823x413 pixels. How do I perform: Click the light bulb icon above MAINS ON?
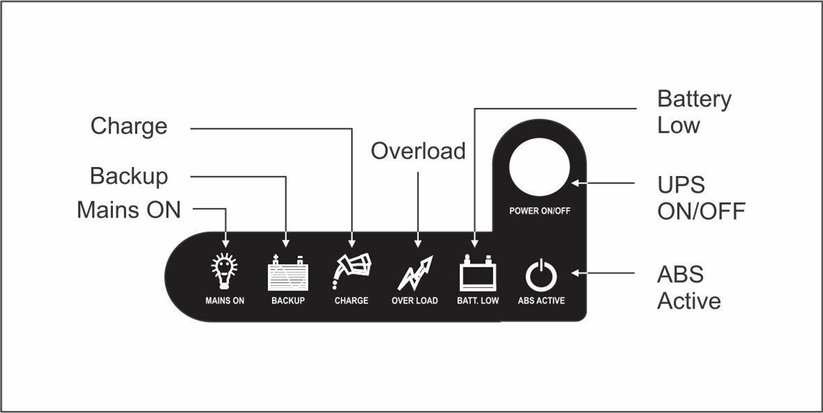click(224, 271)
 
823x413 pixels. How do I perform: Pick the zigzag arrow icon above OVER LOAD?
click(415, 273)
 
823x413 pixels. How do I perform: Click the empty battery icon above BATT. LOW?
click(478, 273)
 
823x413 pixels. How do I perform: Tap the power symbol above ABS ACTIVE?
click(541, 275)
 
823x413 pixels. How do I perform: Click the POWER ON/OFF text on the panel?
click(540, 211)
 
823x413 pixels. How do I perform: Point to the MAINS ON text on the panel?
click(225, 301)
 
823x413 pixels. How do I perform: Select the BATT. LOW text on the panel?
click(478, 301)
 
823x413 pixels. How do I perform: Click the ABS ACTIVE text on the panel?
click(542, 301)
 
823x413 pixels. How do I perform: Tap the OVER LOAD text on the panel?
click(415, 301)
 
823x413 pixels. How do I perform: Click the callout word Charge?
click(129, 127)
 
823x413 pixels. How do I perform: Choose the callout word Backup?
click(129, 177)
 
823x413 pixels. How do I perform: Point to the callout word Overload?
click(418, 151)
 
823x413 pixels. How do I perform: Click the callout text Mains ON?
click(129, 210)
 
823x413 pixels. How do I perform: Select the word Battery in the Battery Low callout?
click(695, 100)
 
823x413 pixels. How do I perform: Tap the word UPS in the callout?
click(681, 184)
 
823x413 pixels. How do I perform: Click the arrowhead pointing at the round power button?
click(576, 183)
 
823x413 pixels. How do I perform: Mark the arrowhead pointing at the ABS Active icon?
click(576, 273)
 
